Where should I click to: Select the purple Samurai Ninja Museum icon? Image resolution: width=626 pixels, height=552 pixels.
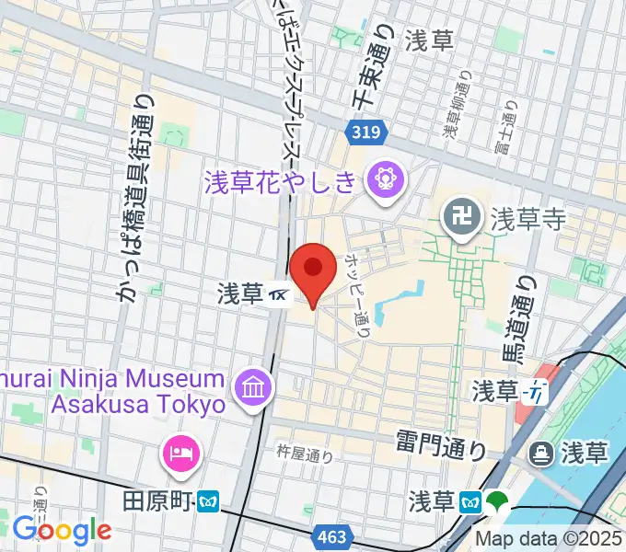[251, 386]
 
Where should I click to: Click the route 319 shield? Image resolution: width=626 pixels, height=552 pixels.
[365, 134]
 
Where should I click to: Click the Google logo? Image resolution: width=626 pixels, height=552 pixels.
[62, 530]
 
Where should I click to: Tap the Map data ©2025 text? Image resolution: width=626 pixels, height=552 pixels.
[549, 538]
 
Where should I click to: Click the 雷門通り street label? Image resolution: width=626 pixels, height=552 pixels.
[442, 449]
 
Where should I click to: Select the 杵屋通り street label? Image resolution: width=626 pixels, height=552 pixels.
[305, 453]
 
